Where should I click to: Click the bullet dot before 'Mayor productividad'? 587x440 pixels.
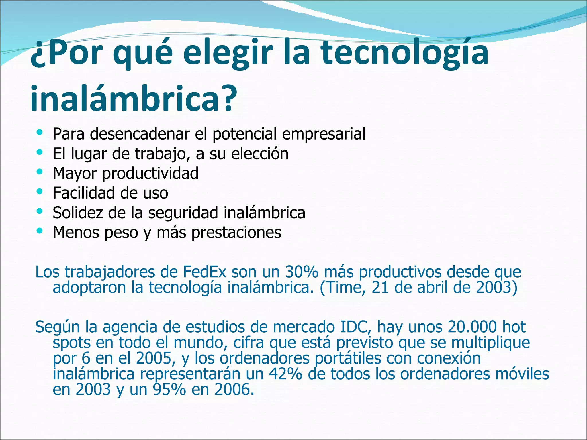pos(40,172)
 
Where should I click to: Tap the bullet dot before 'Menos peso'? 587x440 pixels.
pos(40,230)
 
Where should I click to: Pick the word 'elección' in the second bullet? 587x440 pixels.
pos(260,154)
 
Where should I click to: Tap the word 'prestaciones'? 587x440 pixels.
pos(236,233)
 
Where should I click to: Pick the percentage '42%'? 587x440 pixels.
pos(285,374)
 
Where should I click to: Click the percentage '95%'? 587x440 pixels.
pos(169,390)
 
